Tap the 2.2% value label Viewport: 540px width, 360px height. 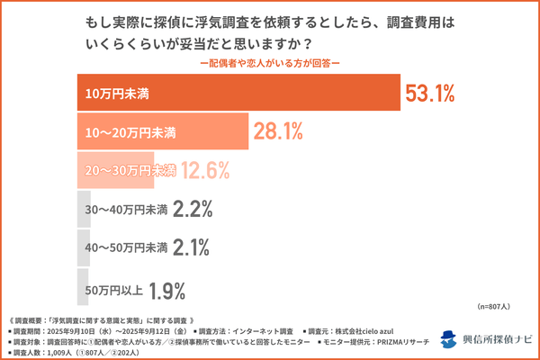tap(191, 210)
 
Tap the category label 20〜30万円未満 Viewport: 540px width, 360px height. tap(130, 171)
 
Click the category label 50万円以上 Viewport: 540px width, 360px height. tap(112, 289)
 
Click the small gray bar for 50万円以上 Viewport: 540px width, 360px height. tap(82, 288)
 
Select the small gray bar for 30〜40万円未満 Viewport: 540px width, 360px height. tap(82, 210)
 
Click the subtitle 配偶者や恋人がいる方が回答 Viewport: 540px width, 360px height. tap(271, 62)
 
